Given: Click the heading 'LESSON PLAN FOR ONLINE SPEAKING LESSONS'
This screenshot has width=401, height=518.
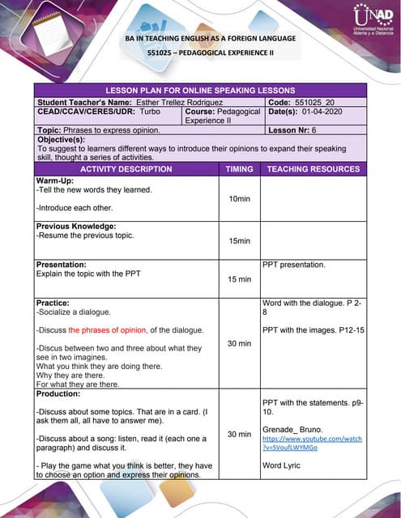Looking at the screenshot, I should pyautogui.click(x=200, y=90).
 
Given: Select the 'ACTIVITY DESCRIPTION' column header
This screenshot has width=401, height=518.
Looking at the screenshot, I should pyautogui.click(x=126, y=169).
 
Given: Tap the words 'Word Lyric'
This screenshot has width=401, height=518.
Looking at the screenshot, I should pyautogui.click(x=282, y=465).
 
